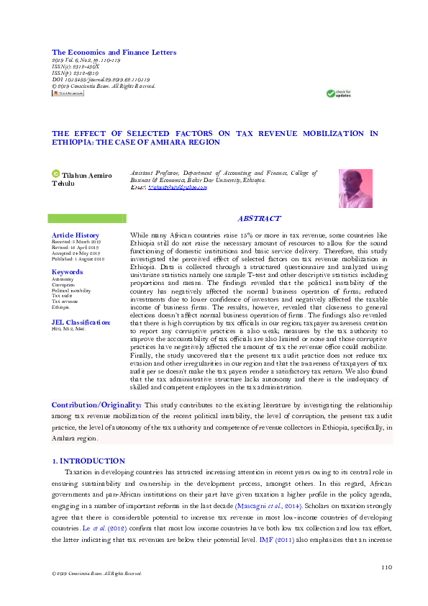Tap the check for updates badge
pos(338,93)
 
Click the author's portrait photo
pos(355,189)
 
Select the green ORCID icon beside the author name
pos(55,173)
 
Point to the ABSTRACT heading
pos(259,218)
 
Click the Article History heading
pos(75,235)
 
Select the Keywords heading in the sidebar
pos(67,272)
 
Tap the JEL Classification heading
pos(81,322)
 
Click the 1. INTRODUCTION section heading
pos(88,461)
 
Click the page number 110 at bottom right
pos(386,567)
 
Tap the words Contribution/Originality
pos(96,406)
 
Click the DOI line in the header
pos(101,79)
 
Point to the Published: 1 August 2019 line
pos(78,259)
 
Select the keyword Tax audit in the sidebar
pos(63,296)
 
